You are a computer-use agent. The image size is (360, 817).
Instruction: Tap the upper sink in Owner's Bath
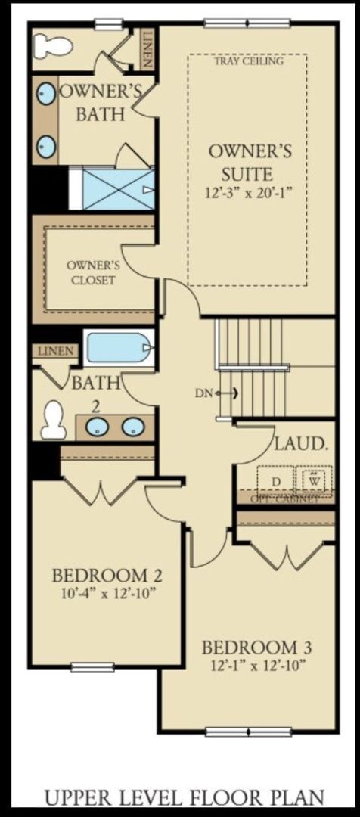47,95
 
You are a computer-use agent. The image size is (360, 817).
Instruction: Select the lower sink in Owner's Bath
47,144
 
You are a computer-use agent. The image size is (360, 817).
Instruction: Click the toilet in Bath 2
54,421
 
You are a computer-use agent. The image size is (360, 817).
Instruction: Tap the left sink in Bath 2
97,427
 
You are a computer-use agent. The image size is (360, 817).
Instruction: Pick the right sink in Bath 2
133,427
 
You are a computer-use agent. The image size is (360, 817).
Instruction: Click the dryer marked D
276,481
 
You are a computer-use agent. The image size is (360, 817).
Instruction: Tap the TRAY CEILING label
248,61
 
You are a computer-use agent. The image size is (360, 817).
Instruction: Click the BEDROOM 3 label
257,648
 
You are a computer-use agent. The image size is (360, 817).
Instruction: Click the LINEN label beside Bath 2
54,351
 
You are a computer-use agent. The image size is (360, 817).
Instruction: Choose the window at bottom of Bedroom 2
92,666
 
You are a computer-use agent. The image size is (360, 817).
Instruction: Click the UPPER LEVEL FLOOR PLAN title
185,797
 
